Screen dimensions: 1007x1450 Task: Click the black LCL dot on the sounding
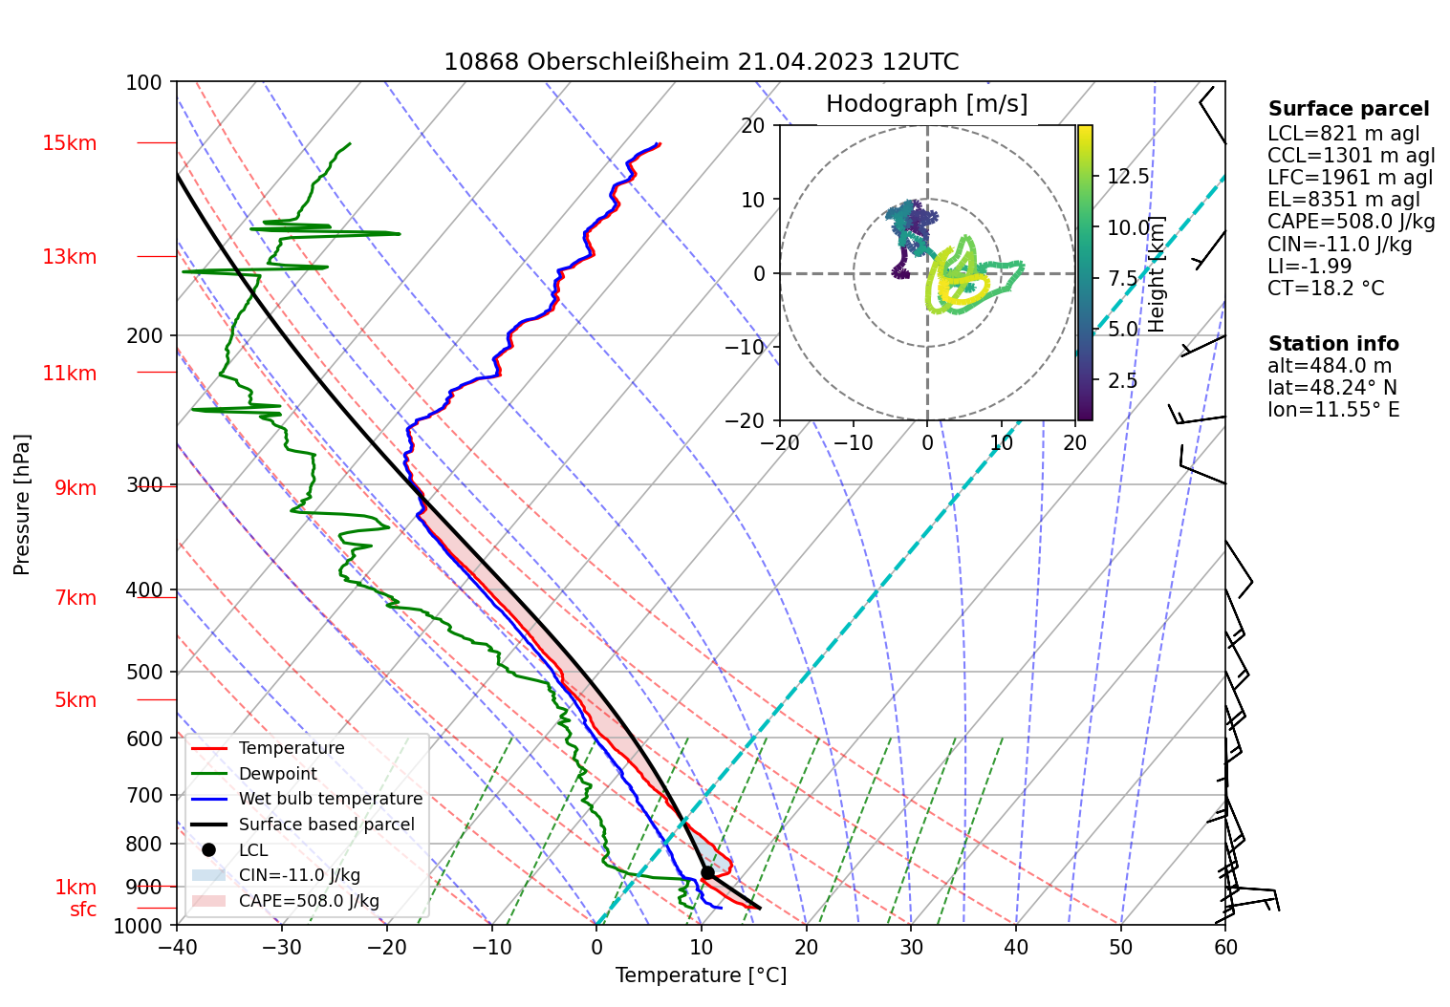pyautogui.click(x=707, y=872)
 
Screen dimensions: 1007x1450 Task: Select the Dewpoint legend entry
pyautogui.click(x=277, y=774)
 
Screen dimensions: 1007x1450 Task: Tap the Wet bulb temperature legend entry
pyautogui.click(x=330, y=799)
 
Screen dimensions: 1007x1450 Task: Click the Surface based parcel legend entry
pyautogui.click(x=326, y=825)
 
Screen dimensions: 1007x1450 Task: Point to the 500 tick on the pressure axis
pyautogui.click(x=144, y=672)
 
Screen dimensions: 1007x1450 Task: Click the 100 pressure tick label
pyautogui.click(x=144, y=82)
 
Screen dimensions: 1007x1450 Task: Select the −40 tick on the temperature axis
pyautogui.click(x=177, y=947)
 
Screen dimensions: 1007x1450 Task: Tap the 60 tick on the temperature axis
pyautogui.click(x=1225, y=947)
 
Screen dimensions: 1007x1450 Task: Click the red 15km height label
pyautogui.click(x=69, y=143)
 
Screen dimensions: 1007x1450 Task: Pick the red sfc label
pyautogui.click(x=83, y=910)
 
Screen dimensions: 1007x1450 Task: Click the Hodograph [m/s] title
pyautogui.click(x=926, y=103)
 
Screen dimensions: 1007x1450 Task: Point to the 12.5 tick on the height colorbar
pyautogui.click(x=1128, y=176)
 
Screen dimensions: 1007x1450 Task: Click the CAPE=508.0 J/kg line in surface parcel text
pyautogui.click(x=1351, y=222)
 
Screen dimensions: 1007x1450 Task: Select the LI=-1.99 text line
pyautogui.click(x=1309, y=266)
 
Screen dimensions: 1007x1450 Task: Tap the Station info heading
pyautogui.click(x=1333, y=343)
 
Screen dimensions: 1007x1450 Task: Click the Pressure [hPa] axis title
pyautogui.click(x=22, y=504)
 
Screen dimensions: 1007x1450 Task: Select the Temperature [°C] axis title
pyautogui.click(x=701, y=975)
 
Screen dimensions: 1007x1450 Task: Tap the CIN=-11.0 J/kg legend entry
pyautogui.click(x=299, y=875)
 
